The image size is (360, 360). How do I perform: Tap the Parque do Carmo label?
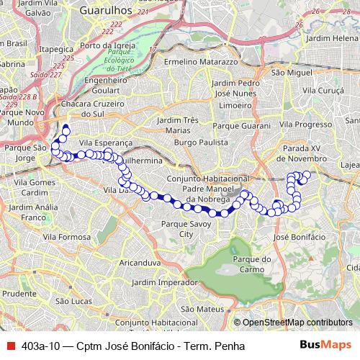pos(256,264)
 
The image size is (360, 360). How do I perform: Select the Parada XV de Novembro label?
pos(305,153)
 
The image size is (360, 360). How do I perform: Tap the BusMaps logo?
pos(325,345)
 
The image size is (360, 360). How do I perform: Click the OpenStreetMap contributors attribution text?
pos(297,323)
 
